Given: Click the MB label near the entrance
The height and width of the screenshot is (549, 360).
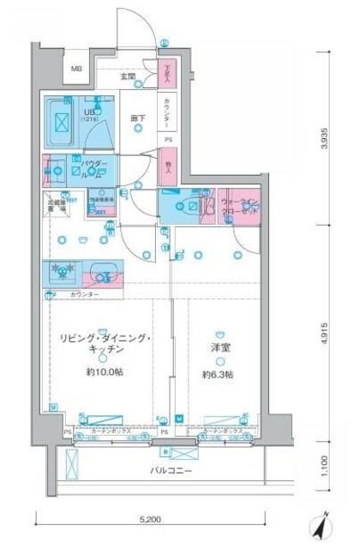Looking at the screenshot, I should (75, 69).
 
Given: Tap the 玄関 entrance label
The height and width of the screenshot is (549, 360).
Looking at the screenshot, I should (128, 76).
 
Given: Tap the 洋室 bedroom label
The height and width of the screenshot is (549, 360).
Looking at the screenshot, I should (218, 348).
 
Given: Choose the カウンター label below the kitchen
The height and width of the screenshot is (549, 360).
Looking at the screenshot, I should (84, 294).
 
